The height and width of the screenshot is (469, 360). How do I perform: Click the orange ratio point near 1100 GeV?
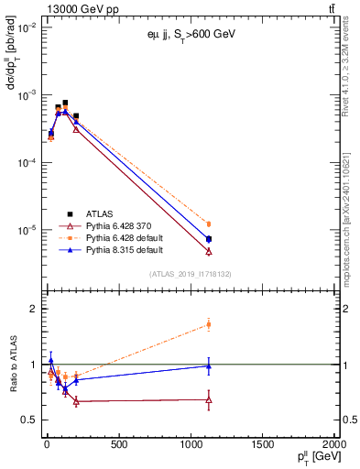point(209,324)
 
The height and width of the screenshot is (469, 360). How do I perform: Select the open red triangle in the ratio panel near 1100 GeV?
point(209,399)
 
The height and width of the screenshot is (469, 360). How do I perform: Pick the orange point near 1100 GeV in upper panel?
point(209,224)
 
